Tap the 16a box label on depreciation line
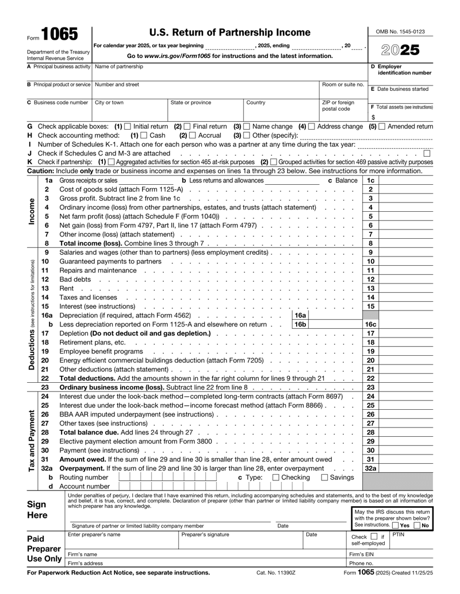pos(300,315)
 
